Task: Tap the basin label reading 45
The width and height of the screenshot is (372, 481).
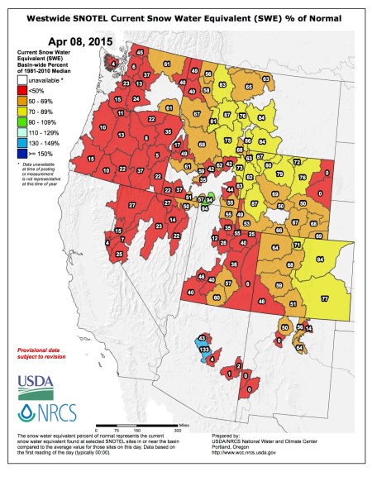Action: point(139,53)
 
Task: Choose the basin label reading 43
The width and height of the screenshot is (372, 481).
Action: point(202,340)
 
